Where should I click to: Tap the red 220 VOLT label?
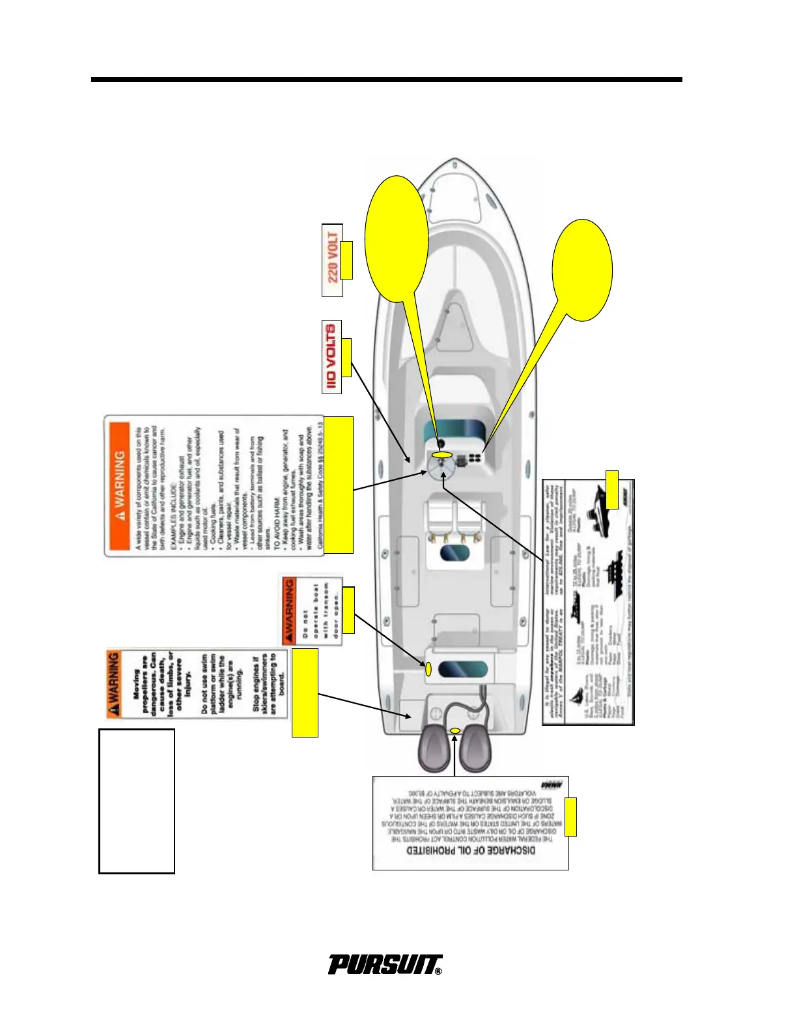tap(332, 259)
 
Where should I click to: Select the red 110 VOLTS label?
tap(332, 356)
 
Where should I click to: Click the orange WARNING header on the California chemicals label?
tap(119, 485)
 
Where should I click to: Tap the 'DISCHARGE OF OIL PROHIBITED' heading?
tap(471, 850)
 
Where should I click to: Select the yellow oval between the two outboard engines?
tap(455, 731)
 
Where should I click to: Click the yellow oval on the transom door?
tap(428, 668)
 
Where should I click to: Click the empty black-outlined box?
tap(137, 801)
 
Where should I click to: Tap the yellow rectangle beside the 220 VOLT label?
tap(346, 260)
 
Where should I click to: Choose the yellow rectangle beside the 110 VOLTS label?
tap(346, 357)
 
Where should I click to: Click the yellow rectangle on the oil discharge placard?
tap(570, 816)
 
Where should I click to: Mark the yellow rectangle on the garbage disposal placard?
tap(612, 489)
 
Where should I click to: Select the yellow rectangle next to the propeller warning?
tap(305, 692)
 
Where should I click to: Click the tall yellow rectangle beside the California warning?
tap(339, 485)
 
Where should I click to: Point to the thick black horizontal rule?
tap(386, 79)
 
